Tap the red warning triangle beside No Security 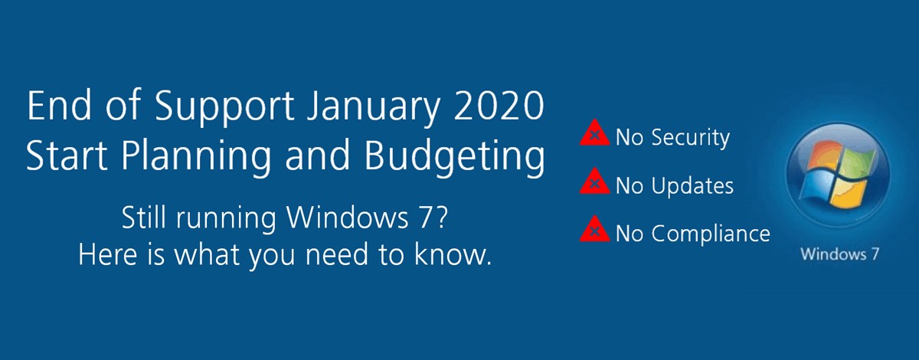(x=590, y=136)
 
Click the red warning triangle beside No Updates (x=590, y=184)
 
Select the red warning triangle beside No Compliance (x=590, y=231)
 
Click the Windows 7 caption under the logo (x=839, y=254)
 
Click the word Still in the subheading (x=142, y=220)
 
